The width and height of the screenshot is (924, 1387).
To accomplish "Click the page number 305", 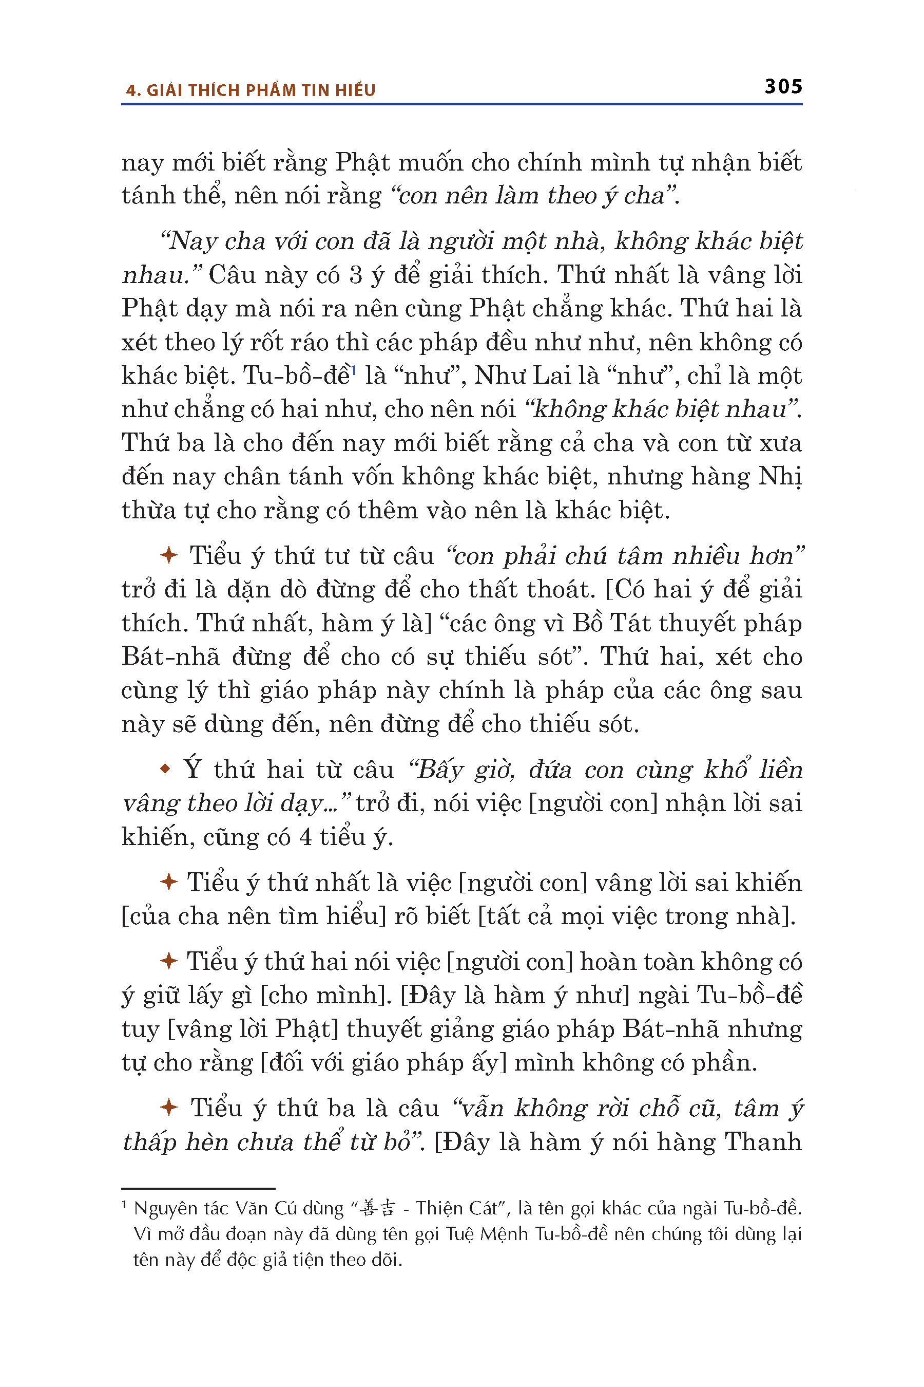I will tap(783, 87).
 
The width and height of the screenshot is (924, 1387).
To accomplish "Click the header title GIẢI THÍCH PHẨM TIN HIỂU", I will tap(260, 90).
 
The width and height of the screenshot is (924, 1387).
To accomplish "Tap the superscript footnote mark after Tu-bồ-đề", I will tap(354, 370).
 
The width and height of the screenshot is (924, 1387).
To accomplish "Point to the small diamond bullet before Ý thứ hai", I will tap(166, 769).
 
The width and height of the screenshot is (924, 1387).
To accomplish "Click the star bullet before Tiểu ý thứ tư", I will tap(168, 555).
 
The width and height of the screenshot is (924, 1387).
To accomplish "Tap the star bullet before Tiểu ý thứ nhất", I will tap(168, 882).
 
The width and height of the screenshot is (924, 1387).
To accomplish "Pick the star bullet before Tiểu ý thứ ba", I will tap(168, 1108).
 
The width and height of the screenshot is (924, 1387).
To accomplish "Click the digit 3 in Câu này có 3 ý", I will tap(355, 275).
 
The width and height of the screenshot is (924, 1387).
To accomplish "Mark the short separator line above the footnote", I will tap(198, 1188).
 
